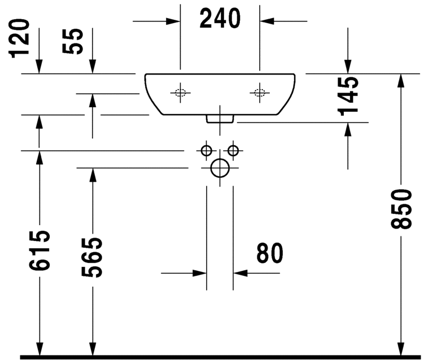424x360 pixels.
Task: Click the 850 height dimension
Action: pos(401,209)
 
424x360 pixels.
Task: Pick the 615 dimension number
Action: pos(39,252)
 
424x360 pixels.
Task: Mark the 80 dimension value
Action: pos(269,253)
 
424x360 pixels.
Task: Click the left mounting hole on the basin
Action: pos(180,93)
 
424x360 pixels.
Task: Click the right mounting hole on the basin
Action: pos(260,93)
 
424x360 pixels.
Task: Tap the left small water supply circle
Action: pos(206,151)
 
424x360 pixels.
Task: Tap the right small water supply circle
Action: pos(233,151)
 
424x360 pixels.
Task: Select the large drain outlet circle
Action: pos(220,168)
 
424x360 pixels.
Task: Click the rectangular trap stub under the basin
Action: pos(220,118)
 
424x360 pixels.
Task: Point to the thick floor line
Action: pos(220,357)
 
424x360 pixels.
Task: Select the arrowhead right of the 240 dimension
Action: pos(266,21)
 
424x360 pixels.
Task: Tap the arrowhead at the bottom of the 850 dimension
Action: pos(401,347)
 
